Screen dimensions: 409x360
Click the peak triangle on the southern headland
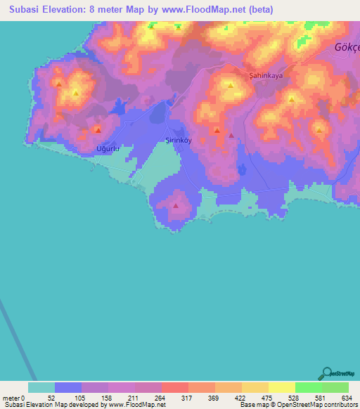click(176, 205)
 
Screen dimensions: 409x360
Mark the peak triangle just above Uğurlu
click(98, 130)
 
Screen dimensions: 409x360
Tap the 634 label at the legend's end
click(347, 398)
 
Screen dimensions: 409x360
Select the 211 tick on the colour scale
click(133, 398)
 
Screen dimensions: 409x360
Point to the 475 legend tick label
click(266, 398)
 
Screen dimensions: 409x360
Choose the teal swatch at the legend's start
click(41, 387)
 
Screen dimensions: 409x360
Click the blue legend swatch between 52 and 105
click(68, 387)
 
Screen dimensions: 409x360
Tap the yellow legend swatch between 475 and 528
click(282, 387)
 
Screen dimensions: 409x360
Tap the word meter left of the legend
click(11, 398)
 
